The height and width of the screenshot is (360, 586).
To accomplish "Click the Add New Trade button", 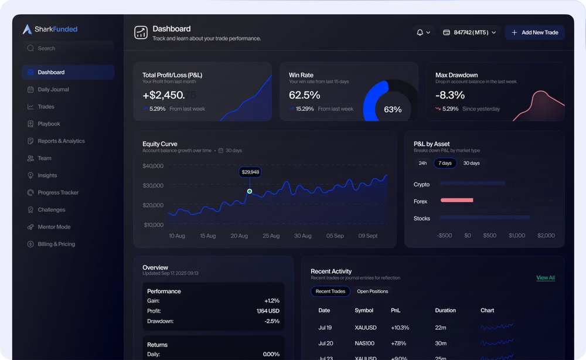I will (x=534, y=32).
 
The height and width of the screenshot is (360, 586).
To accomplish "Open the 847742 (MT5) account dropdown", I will (x=469, y=32).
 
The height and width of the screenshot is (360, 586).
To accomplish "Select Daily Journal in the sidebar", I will (x=53, y=90).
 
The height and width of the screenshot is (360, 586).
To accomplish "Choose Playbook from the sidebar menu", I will (x=49, y=124).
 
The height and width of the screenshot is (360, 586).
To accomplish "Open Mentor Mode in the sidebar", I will (x=53, y=227).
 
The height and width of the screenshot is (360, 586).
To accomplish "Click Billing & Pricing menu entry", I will (x=56, y=244).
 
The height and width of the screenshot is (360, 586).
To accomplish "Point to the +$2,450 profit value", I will (x=163, y=95).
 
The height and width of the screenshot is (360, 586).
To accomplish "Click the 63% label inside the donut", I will (x=393, y=110).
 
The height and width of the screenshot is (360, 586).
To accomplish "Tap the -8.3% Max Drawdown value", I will (x=450, y=95).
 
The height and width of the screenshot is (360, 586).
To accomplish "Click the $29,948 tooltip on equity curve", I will (x=250, y=172).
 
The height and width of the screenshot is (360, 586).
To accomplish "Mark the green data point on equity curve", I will (x=250, y=191).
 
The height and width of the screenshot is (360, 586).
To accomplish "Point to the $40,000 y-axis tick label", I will (x=153, y=166).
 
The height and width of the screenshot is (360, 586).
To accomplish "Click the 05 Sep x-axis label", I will (x=335, y=236).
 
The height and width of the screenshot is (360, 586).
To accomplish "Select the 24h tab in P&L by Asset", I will (x=423, y=163).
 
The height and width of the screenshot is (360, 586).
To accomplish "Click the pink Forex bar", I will (x=456, y=201).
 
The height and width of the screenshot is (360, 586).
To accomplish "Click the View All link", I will (x=545, y=278).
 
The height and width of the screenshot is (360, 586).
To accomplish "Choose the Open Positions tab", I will (x=372, y=291).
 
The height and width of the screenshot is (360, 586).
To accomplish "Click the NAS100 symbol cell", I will (x=364, y=343).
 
